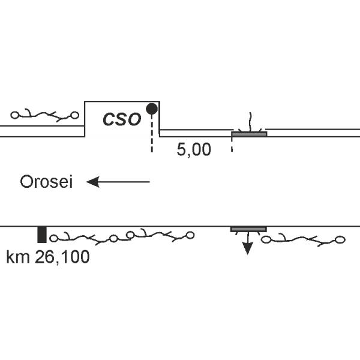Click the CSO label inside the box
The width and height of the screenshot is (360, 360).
tap(122, 119)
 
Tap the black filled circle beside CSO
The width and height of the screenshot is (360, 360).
tap(152, 109)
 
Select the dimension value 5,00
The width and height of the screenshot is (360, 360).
tap(194, 150)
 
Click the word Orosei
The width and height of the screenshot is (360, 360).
tap(46, 182)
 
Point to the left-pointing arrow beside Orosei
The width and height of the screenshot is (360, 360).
tap(118, 182)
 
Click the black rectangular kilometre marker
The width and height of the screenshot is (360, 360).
tap(41, 235)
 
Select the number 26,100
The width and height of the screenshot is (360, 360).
tap(62, 258)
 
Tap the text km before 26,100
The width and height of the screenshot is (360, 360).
tap(18, 258)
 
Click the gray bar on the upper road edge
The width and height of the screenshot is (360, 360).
tap(249, 134)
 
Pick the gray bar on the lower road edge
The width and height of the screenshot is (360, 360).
tap(249, 229)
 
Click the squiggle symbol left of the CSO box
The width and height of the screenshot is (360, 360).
tap(45, 114)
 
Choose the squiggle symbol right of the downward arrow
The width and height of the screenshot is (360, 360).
tap(304, 240)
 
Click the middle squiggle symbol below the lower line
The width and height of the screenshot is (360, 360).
tap(160, 235)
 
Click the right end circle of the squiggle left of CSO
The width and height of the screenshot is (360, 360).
tap(75, 115)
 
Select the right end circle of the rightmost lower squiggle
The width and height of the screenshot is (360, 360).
tap(340, 240)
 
